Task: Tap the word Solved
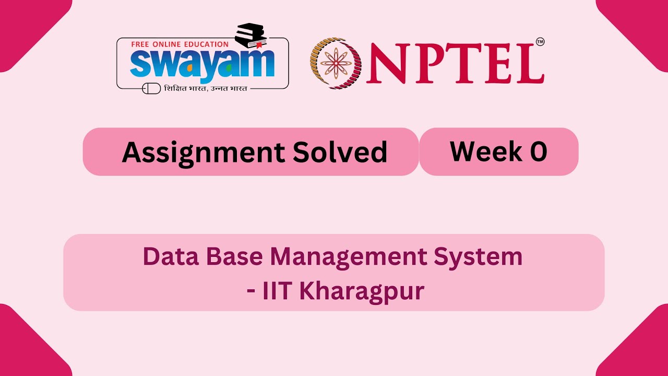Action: (x=340, y=152)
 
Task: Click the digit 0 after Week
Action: (x=538, y=151)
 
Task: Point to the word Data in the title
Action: (x=169, y=256)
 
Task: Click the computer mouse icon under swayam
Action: (x=151, y=88)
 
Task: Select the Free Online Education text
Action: (x=180, y=44)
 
